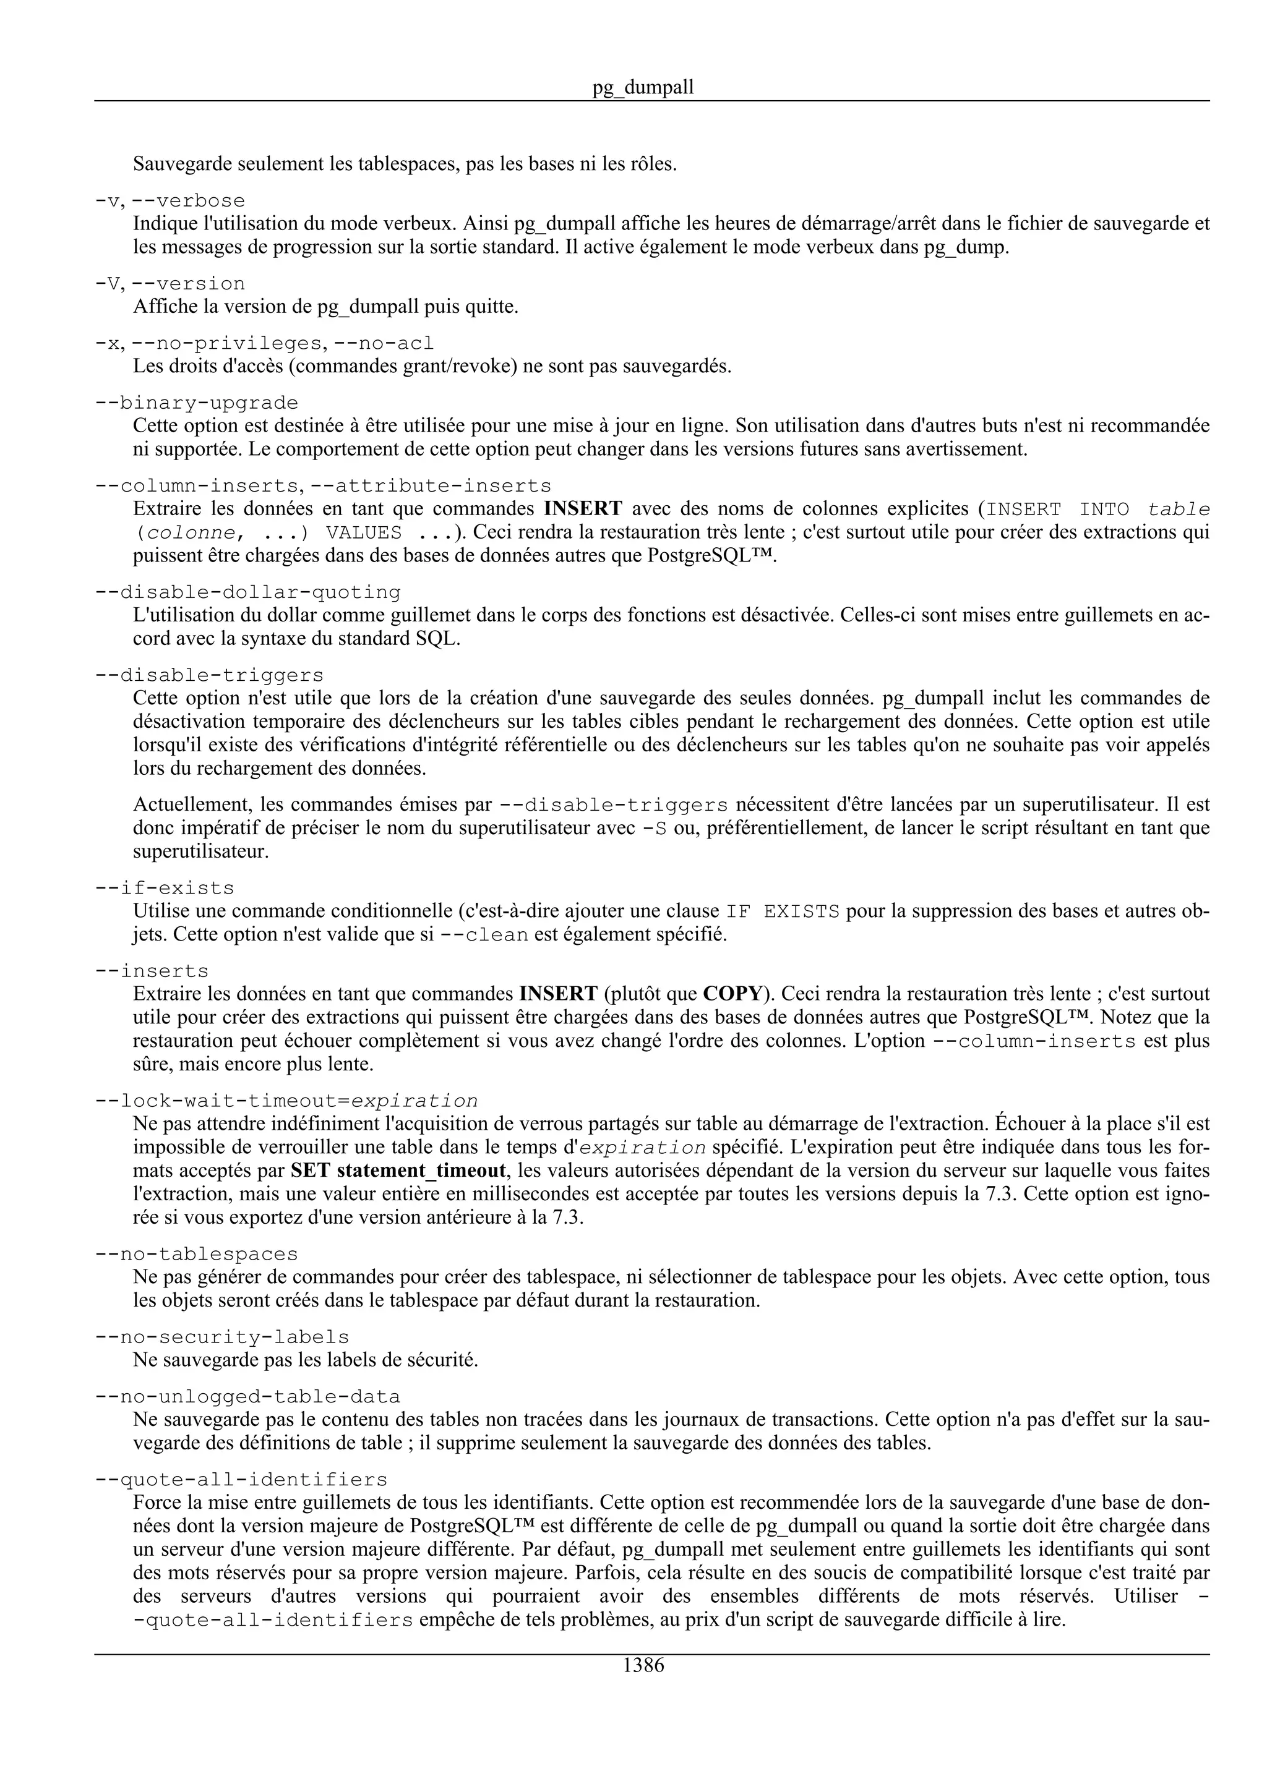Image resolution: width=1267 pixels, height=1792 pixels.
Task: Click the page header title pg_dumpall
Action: click(x=643, y=87)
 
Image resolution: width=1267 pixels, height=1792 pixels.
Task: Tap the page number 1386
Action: click(x=643, y=1666)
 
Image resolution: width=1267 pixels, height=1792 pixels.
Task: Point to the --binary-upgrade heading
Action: click(x=197, y=404)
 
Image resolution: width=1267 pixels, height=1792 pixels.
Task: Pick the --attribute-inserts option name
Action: click(x=431, y=486)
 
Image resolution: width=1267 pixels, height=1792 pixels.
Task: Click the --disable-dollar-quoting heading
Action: click(x=247, y=592)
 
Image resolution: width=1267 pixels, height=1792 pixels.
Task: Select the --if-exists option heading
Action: click(x=165, y=888)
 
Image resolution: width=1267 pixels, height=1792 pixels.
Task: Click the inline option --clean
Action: click(x=484, y=935)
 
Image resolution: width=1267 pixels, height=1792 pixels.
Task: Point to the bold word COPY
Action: click(x=731, y=994)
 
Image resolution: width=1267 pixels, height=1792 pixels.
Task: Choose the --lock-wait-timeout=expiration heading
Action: click(x=286, y=1101)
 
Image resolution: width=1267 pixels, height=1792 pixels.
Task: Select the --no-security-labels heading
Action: click(x=223, y=1338)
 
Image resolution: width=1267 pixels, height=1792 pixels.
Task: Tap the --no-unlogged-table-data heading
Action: click(x=247, y=1397)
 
